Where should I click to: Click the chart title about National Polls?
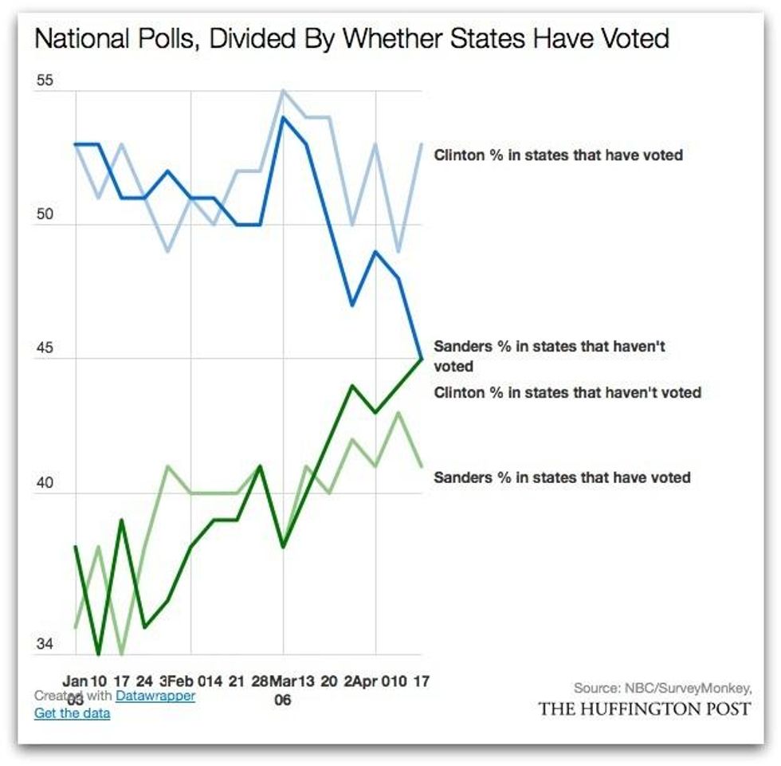pos(351,39)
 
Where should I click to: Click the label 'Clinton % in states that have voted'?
pos(558,155)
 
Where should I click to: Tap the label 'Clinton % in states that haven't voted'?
pos(567,392)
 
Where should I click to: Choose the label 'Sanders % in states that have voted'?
pos(562,477)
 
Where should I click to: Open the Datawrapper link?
pos(155,696)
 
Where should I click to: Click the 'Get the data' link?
pos(72,713)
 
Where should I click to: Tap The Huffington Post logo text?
pos(644,709)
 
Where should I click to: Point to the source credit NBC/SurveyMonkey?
pos(662,688)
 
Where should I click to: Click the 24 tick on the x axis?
pos(144,682)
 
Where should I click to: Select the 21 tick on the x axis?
pos(237,682)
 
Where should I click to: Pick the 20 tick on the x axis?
pos(329,682)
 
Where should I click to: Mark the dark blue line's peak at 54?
pos(283,117)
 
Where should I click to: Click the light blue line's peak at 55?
pos(283,90)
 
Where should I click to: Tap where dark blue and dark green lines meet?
pos(422,359)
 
